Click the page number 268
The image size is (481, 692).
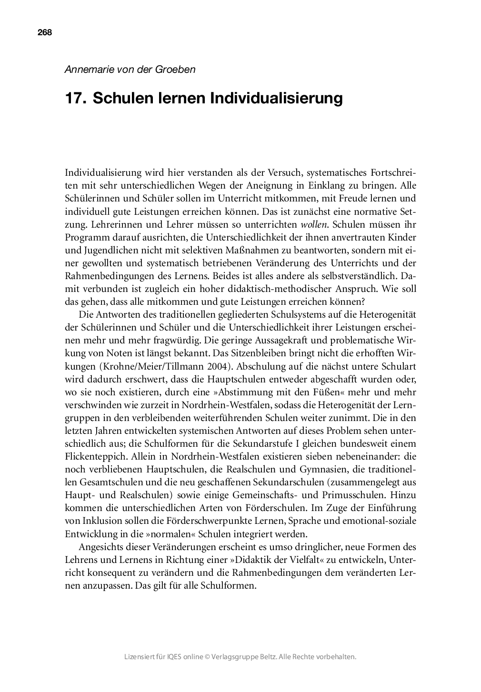[44, 32]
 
